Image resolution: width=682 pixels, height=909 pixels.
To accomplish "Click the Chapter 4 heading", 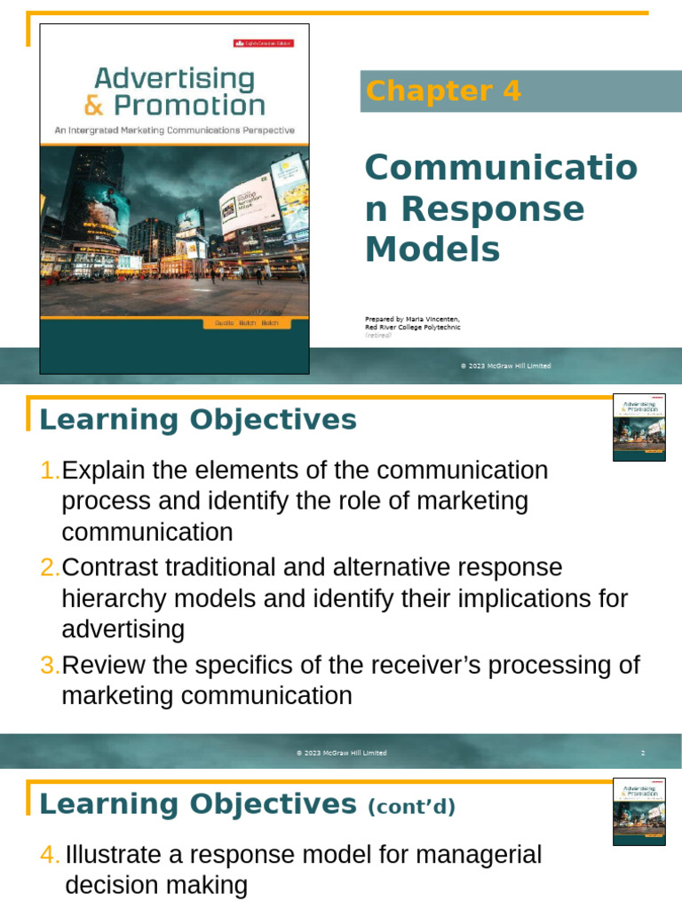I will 443,91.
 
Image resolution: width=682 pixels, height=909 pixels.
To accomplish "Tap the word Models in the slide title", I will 432,249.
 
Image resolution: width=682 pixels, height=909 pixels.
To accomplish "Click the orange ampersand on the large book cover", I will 94,106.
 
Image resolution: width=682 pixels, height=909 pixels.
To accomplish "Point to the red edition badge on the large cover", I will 263,43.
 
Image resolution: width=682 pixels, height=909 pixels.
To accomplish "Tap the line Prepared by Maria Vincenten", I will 412,319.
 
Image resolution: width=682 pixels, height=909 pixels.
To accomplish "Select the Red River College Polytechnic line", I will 412,328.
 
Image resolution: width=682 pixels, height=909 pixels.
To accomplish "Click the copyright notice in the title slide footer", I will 505,366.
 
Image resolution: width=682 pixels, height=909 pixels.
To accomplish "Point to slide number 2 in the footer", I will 642,753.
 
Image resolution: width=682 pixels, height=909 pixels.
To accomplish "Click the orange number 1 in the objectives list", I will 50,470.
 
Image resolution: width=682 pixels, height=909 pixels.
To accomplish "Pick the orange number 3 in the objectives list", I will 50,666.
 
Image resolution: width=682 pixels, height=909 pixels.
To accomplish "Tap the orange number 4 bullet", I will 50,856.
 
